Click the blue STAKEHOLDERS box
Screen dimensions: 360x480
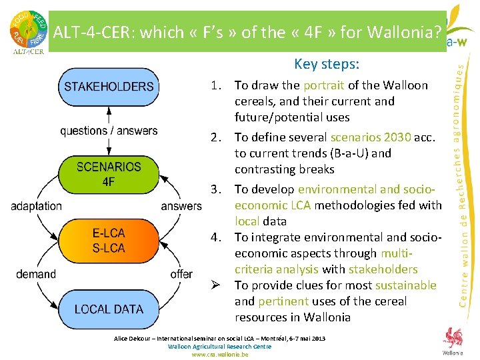[x=109, y=86]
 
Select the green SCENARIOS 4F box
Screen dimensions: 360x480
[x=109, y=174]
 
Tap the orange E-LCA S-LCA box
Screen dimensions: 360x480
[x=109, y=240]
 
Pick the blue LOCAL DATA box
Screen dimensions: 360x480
[x=109, y=309]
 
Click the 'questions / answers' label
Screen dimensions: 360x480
[x=109, y=131]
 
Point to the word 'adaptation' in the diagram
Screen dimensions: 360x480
[x=36, y=206]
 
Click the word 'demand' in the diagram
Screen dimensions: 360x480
[x=36, y=274]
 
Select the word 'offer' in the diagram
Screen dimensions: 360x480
[x=181, y=274]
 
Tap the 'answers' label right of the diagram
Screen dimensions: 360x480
[x=181, y=206]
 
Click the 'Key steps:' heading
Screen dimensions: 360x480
[x=327, y=65]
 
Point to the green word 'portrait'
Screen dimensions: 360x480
[x=323, y=85]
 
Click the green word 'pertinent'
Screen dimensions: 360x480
[x=282, y=301]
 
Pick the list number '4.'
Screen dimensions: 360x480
[x=217, y=237]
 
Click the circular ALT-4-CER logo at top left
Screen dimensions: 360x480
[x=27, y=28]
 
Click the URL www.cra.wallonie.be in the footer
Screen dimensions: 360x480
[x=220, y=355]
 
